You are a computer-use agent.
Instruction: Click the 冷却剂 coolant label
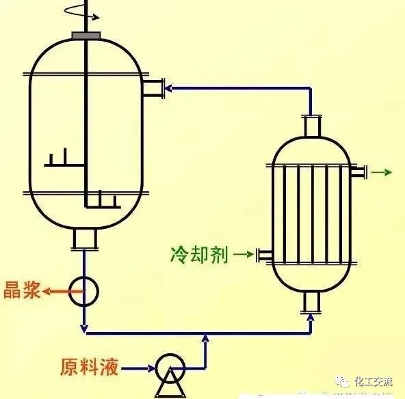pyautogui.click(x=199, y=255)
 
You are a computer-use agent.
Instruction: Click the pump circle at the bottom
pyautogui.click(x=168, y=370)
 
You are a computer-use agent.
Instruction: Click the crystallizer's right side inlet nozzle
pyautogui.click(x=154, y=87)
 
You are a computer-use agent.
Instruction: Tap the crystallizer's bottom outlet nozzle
pyautogui.click(x=84, y=238)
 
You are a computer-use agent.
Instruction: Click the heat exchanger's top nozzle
pyautogui.click(x=313, y=126)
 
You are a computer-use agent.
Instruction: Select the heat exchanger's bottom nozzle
pyautogui.click(x=313, y=303)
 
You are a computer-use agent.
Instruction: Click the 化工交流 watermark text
pyautogui.click(x=373, y=382)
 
